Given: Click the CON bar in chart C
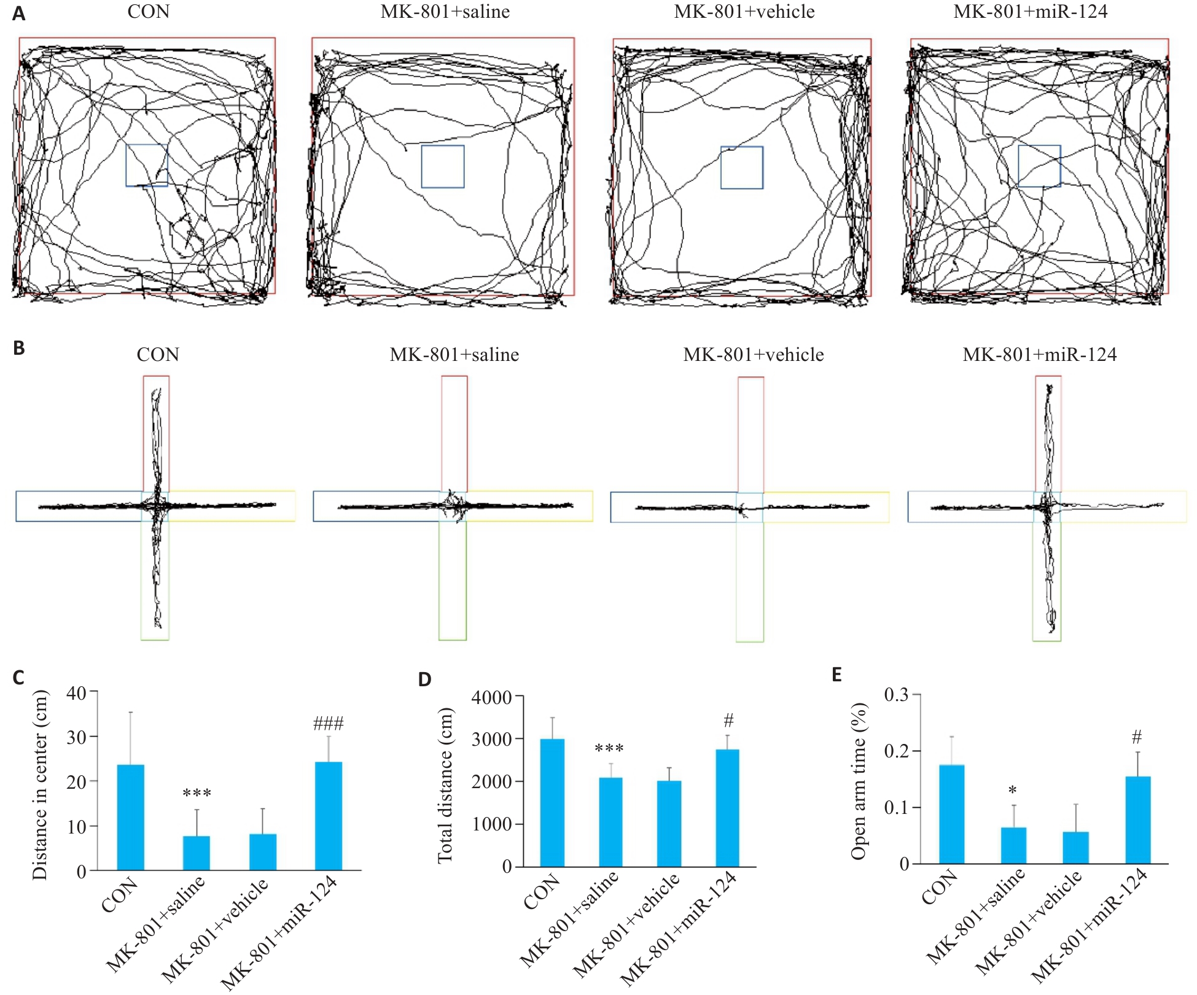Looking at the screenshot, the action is click(131, 817).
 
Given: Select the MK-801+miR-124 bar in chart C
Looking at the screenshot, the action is click(329, 816).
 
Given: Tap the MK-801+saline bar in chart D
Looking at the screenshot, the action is click(610, 823).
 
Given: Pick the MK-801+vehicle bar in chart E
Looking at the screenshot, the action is click(1075, 848).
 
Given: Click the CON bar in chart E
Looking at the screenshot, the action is click(952, 814).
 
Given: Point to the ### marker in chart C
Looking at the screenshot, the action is click(329, 724).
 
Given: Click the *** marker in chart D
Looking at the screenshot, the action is click(609, 748).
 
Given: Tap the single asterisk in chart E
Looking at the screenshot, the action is click(1013, 790).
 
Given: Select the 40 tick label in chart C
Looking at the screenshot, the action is click(77, 694).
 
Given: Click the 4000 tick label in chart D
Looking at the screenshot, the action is click(491, 697).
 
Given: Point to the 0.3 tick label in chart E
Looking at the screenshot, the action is click(896, 694).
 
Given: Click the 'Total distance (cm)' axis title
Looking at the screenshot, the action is click(445, 786).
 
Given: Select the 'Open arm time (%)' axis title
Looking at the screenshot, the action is click(859, 781).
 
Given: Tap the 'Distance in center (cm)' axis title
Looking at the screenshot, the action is click(40, 785).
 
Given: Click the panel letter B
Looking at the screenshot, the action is click(19, 348).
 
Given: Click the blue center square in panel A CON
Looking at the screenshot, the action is click(147, 165).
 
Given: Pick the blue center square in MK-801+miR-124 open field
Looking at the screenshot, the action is click(1039, 166).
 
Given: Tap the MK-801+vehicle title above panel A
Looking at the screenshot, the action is click(744, 12).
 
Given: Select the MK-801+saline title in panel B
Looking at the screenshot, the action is click(454, 355).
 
